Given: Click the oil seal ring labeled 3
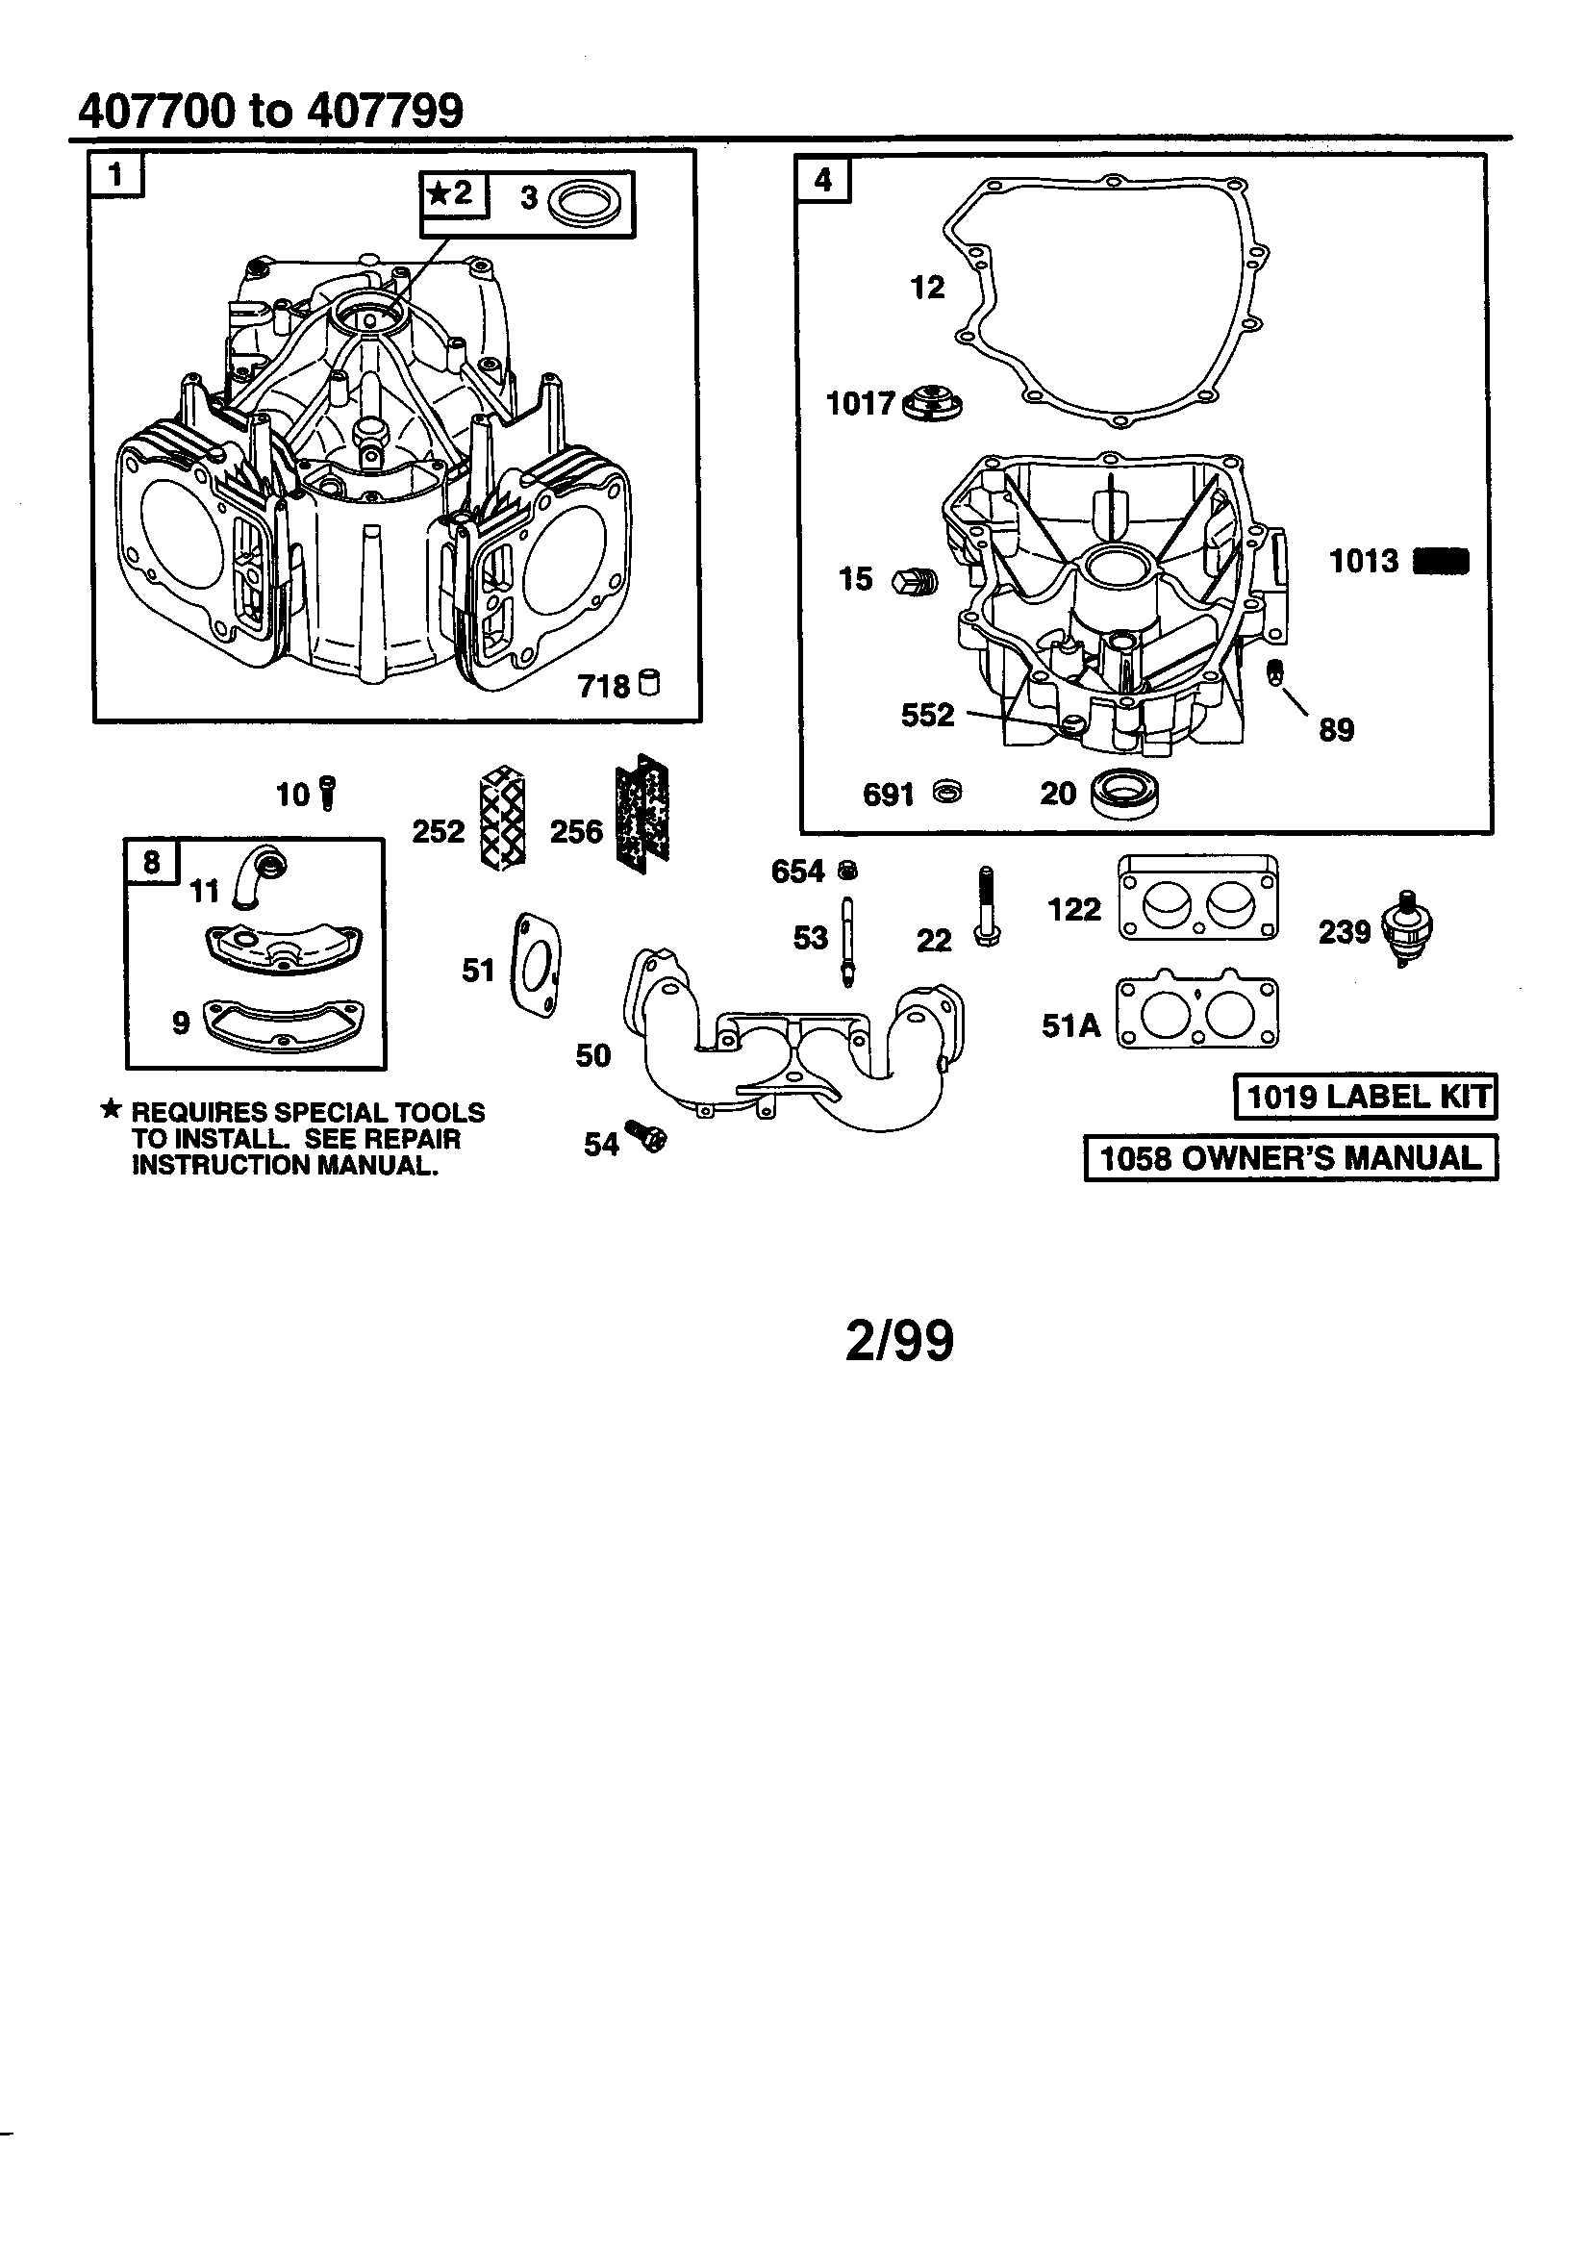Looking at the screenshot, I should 583,204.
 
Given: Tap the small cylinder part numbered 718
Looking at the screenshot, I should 648,683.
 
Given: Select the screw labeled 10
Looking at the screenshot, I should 328,793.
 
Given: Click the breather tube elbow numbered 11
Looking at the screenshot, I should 259,874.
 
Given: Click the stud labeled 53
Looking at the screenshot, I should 847,942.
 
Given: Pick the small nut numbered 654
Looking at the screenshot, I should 848,870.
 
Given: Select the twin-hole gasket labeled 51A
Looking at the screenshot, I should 1197,1013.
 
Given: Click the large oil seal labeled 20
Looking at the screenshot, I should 1124,793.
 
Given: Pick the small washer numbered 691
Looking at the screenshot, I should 947,793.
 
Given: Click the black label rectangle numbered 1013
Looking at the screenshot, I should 1442,561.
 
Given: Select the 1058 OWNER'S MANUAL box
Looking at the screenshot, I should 1290,1158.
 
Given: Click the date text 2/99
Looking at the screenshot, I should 898,1341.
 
